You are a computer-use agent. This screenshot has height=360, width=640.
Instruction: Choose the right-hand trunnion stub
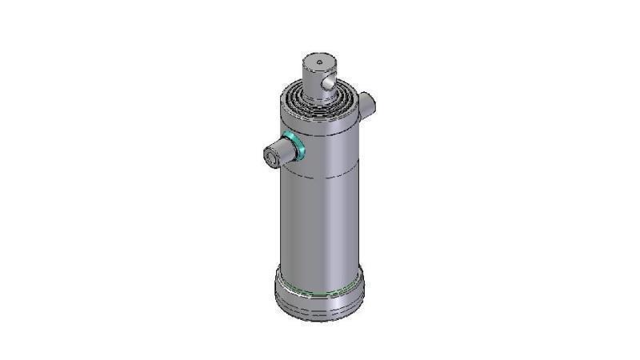[368, 104]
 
